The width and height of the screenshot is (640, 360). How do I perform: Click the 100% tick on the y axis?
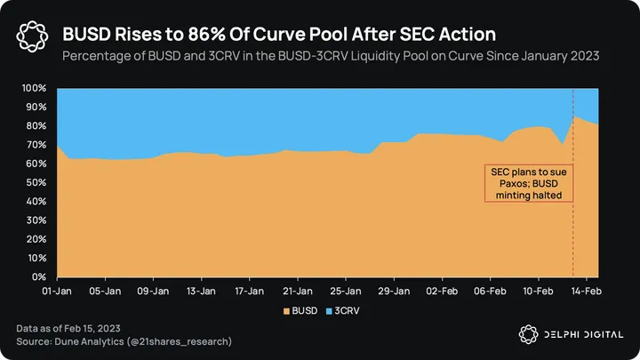(33, 89)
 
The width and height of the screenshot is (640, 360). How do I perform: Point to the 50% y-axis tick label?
(35, 183)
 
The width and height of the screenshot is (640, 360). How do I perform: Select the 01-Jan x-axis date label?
(58, 290)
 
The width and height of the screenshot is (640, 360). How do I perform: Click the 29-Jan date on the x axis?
(394, 290)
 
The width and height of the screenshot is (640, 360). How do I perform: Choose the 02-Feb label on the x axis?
(442, 290)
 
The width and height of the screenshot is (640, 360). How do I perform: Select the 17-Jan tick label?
(250, 290)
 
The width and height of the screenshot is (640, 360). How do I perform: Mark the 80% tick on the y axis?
(35, 126)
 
